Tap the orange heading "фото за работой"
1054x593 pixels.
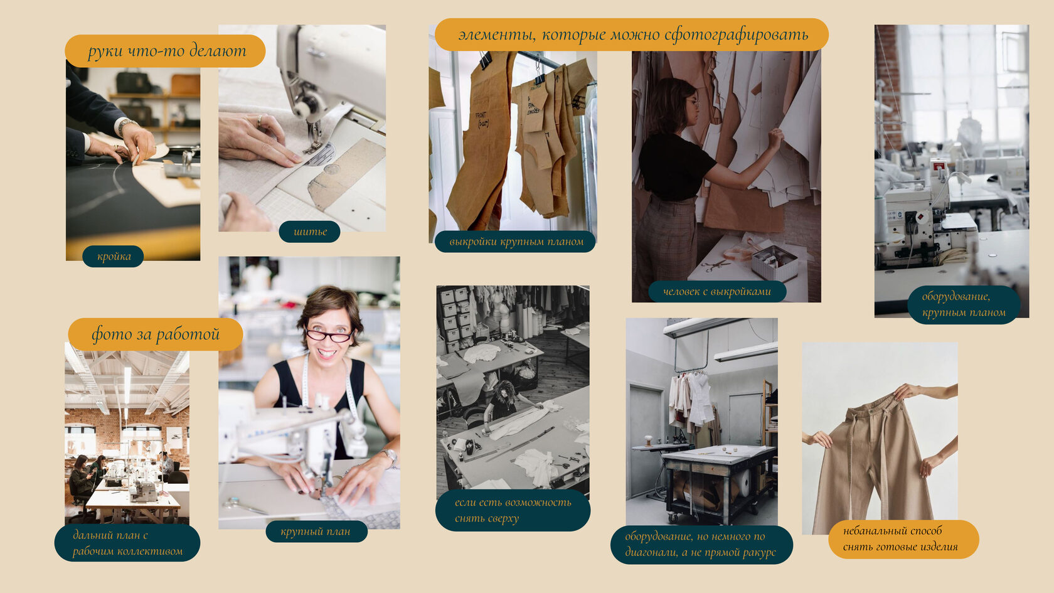pos(156,334)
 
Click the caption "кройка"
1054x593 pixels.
pos(114,257)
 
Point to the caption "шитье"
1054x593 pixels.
pos(310,232)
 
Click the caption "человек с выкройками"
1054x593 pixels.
pos(717,292)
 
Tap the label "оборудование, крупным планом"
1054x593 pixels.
pos(964,304)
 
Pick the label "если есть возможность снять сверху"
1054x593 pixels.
pos(513,511)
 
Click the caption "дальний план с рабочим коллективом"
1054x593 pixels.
pos(127,543)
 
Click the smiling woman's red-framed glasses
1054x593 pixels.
pos(329,335)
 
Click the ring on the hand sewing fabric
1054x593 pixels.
pos(259,121)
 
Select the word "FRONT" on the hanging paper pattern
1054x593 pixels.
pos(481,115)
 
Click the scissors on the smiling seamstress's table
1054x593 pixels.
pos(245,506)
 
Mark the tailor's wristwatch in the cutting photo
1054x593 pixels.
pos(126,126)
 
